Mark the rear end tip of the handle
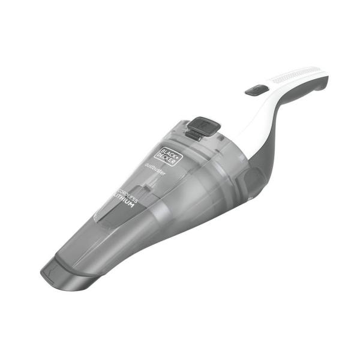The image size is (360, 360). click(325, 78)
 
